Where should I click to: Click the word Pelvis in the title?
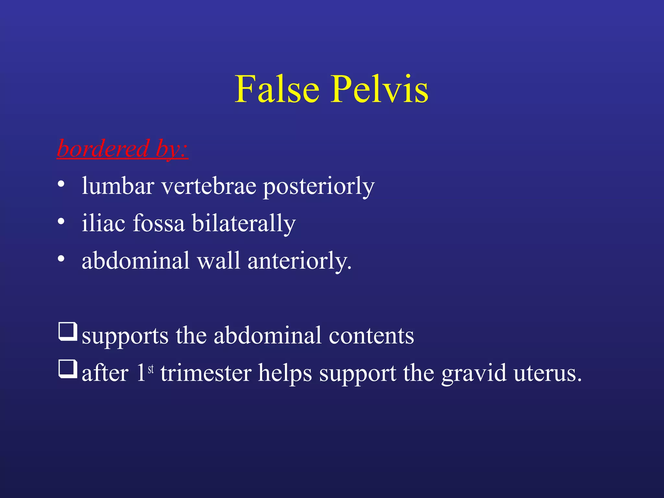(x=379, y=89)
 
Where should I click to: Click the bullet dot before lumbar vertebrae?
(x=61, y=184)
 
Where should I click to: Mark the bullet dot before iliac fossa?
(x=61, y=222)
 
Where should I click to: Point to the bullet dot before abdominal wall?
(x=61, y=259)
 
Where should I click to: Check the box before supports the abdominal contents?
(x=68, y=332)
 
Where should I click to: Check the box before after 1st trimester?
(x=68, y=369)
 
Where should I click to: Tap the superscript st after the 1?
(x=151, y=369)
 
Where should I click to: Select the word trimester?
(x=206, y=373)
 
